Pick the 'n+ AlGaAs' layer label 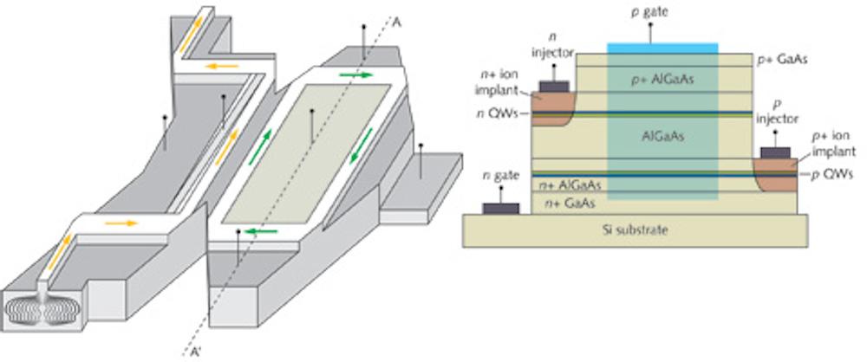coord(570,185)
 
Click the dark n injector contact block coord(555,86)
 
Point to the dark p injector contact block coord(774,153)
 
